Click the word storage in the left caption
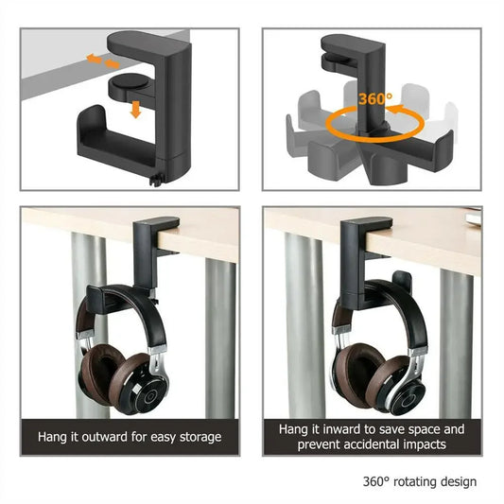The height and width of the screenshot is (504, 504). point(199,437)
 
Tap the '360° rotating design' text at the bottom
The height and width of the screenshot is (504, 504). point(419,481)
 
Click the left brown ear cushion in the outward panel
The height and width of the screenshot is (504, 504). point(99,370)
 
